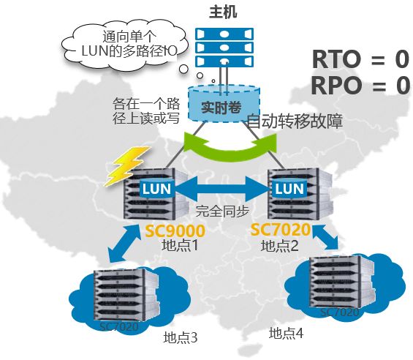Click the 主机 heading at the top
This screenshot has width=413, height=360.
click(x=223, y=12)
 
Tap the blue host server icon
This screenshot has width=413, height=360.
click(x=224, y=48)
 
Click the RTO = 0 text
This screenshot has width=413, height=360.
click(x=360, y=59)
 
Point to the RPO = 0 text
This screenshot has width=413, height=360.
click(x=360, y=86)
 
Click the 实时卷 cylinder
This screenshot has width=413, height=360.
click(x=224, y=104)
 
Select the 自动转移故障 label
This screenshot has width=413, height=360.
click(x=295, y=121)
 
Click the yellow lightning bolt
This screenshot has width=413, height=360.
click(x=127, y=166)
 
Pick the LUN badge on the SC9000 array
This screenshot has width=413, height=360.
click(x=156, y=188)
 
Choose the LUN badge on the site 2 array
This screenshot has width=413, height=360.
click(x=289, y=188)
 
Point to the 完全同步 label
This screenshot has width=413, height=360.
click(x=222, y=211)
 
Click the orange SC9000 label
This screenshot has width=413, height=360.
click(x=175, y=230)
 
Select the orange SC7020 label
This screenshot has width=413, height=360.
click(x=281, y=230)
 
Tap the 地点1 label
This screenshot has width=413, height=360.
click(x=180, y=245)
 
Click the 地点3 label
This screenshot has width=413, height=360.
click(x=180, y=337)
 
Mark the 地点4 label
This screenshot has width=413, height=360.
click(x=286, y=333)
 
